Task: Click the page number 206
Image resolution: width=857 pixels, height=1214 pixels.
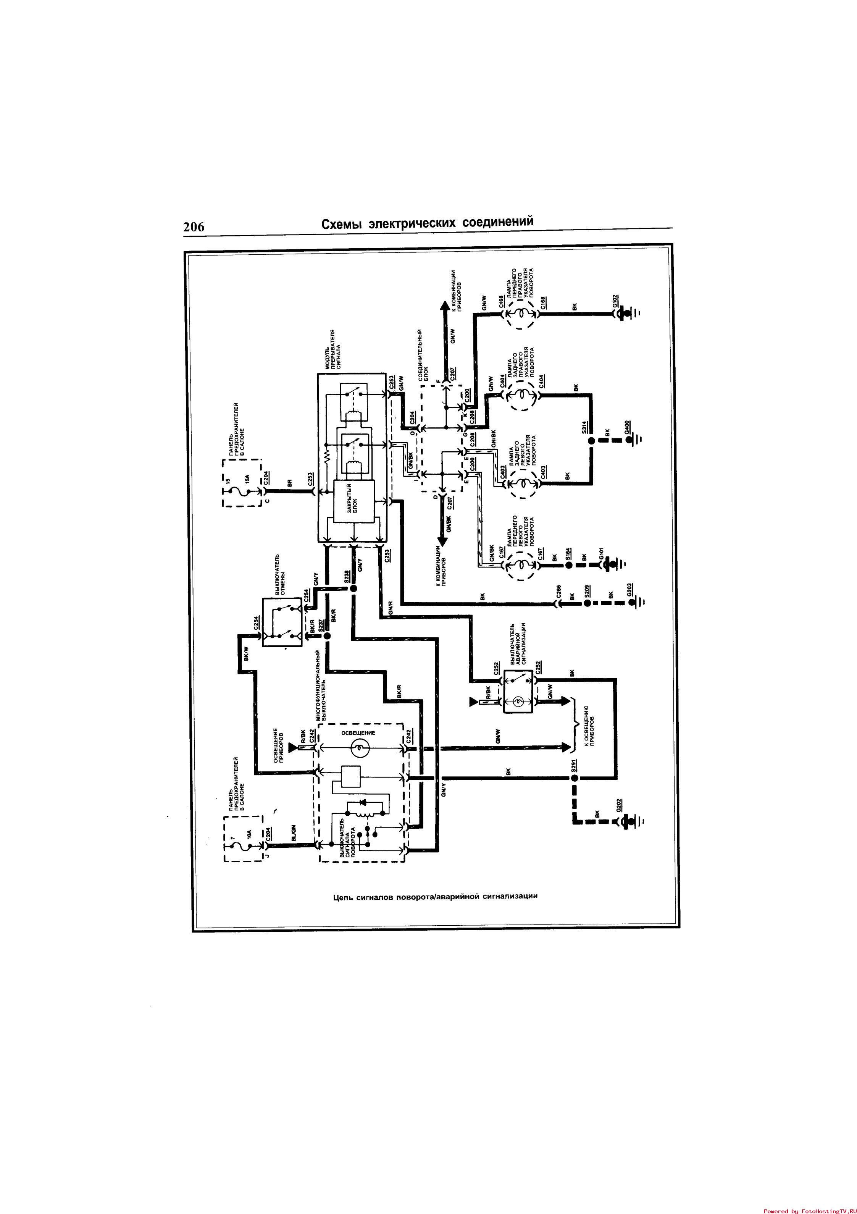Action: (194, 227)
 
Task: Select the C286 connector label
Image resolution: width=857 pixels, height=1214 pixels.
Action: (559, 591)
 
